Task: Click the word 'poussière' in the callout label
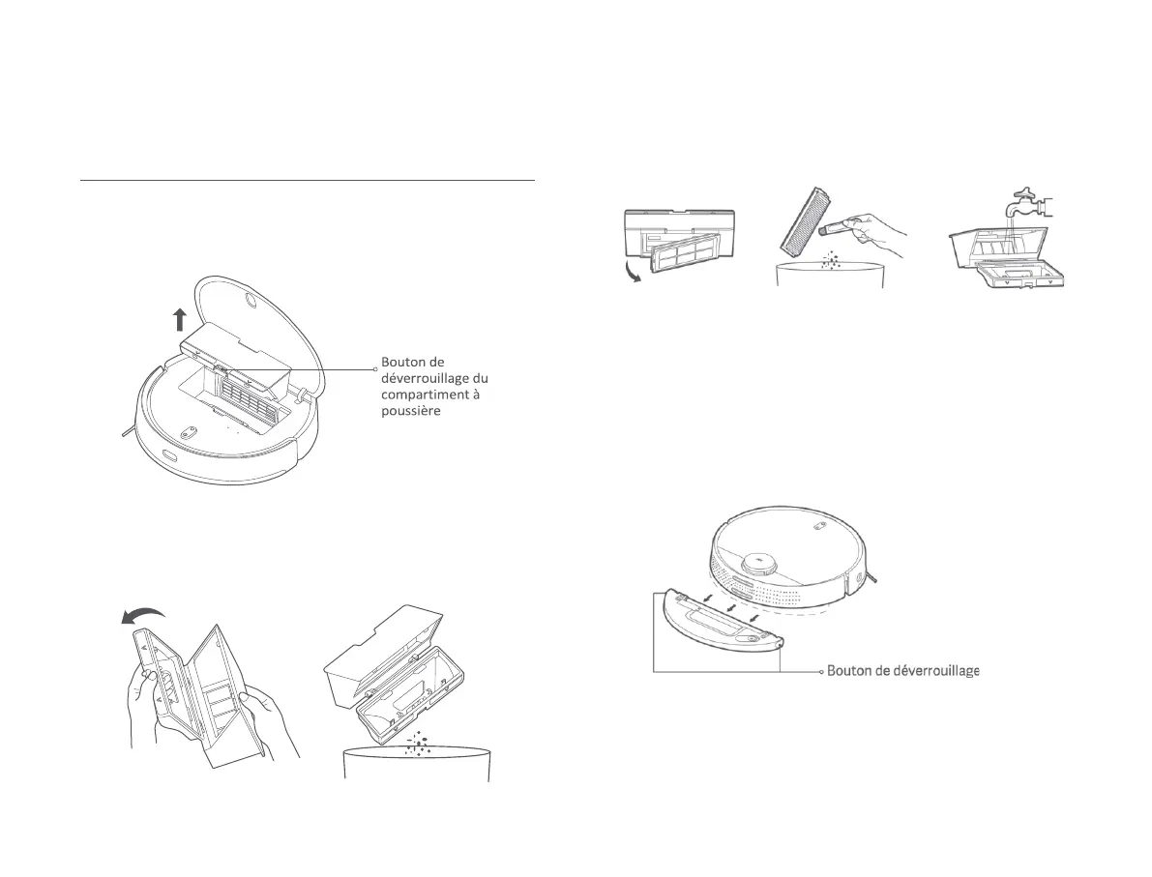pos(410,411)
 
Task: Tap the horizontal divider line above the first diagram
pos(307,180)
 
